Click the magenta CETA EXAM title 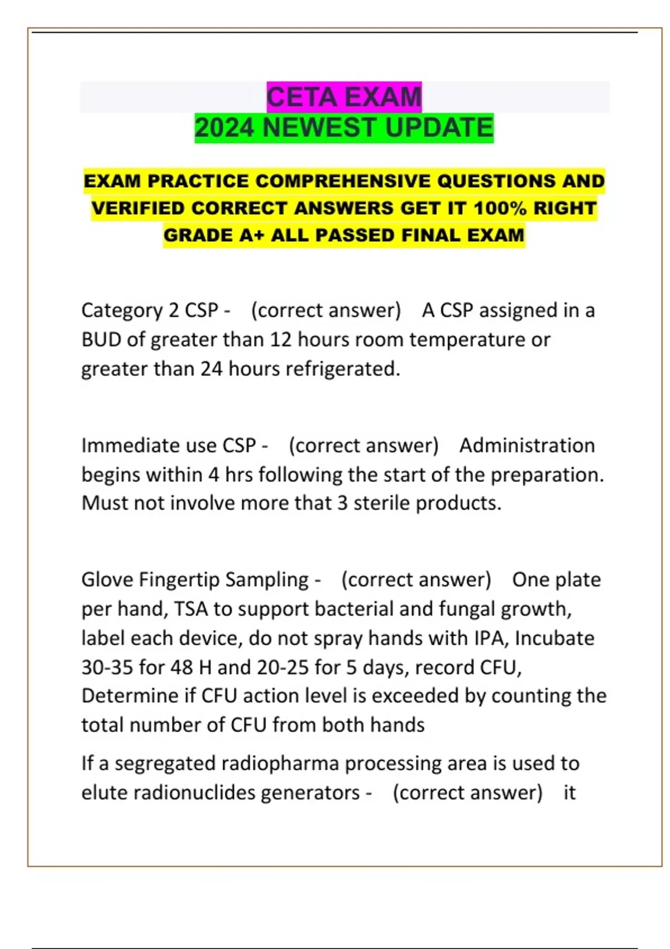tap(344, 97)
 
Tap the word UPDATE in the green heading tap(439, 128)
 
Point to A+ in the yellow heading tap(252, 235)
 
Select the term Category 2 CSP tap(149, 310)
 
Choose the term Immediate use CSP tap(169, 445)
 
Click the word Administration tap(527, 445)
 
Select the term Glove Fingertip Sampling tap(195, 579)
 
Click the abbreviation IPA tap(491, 638)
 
